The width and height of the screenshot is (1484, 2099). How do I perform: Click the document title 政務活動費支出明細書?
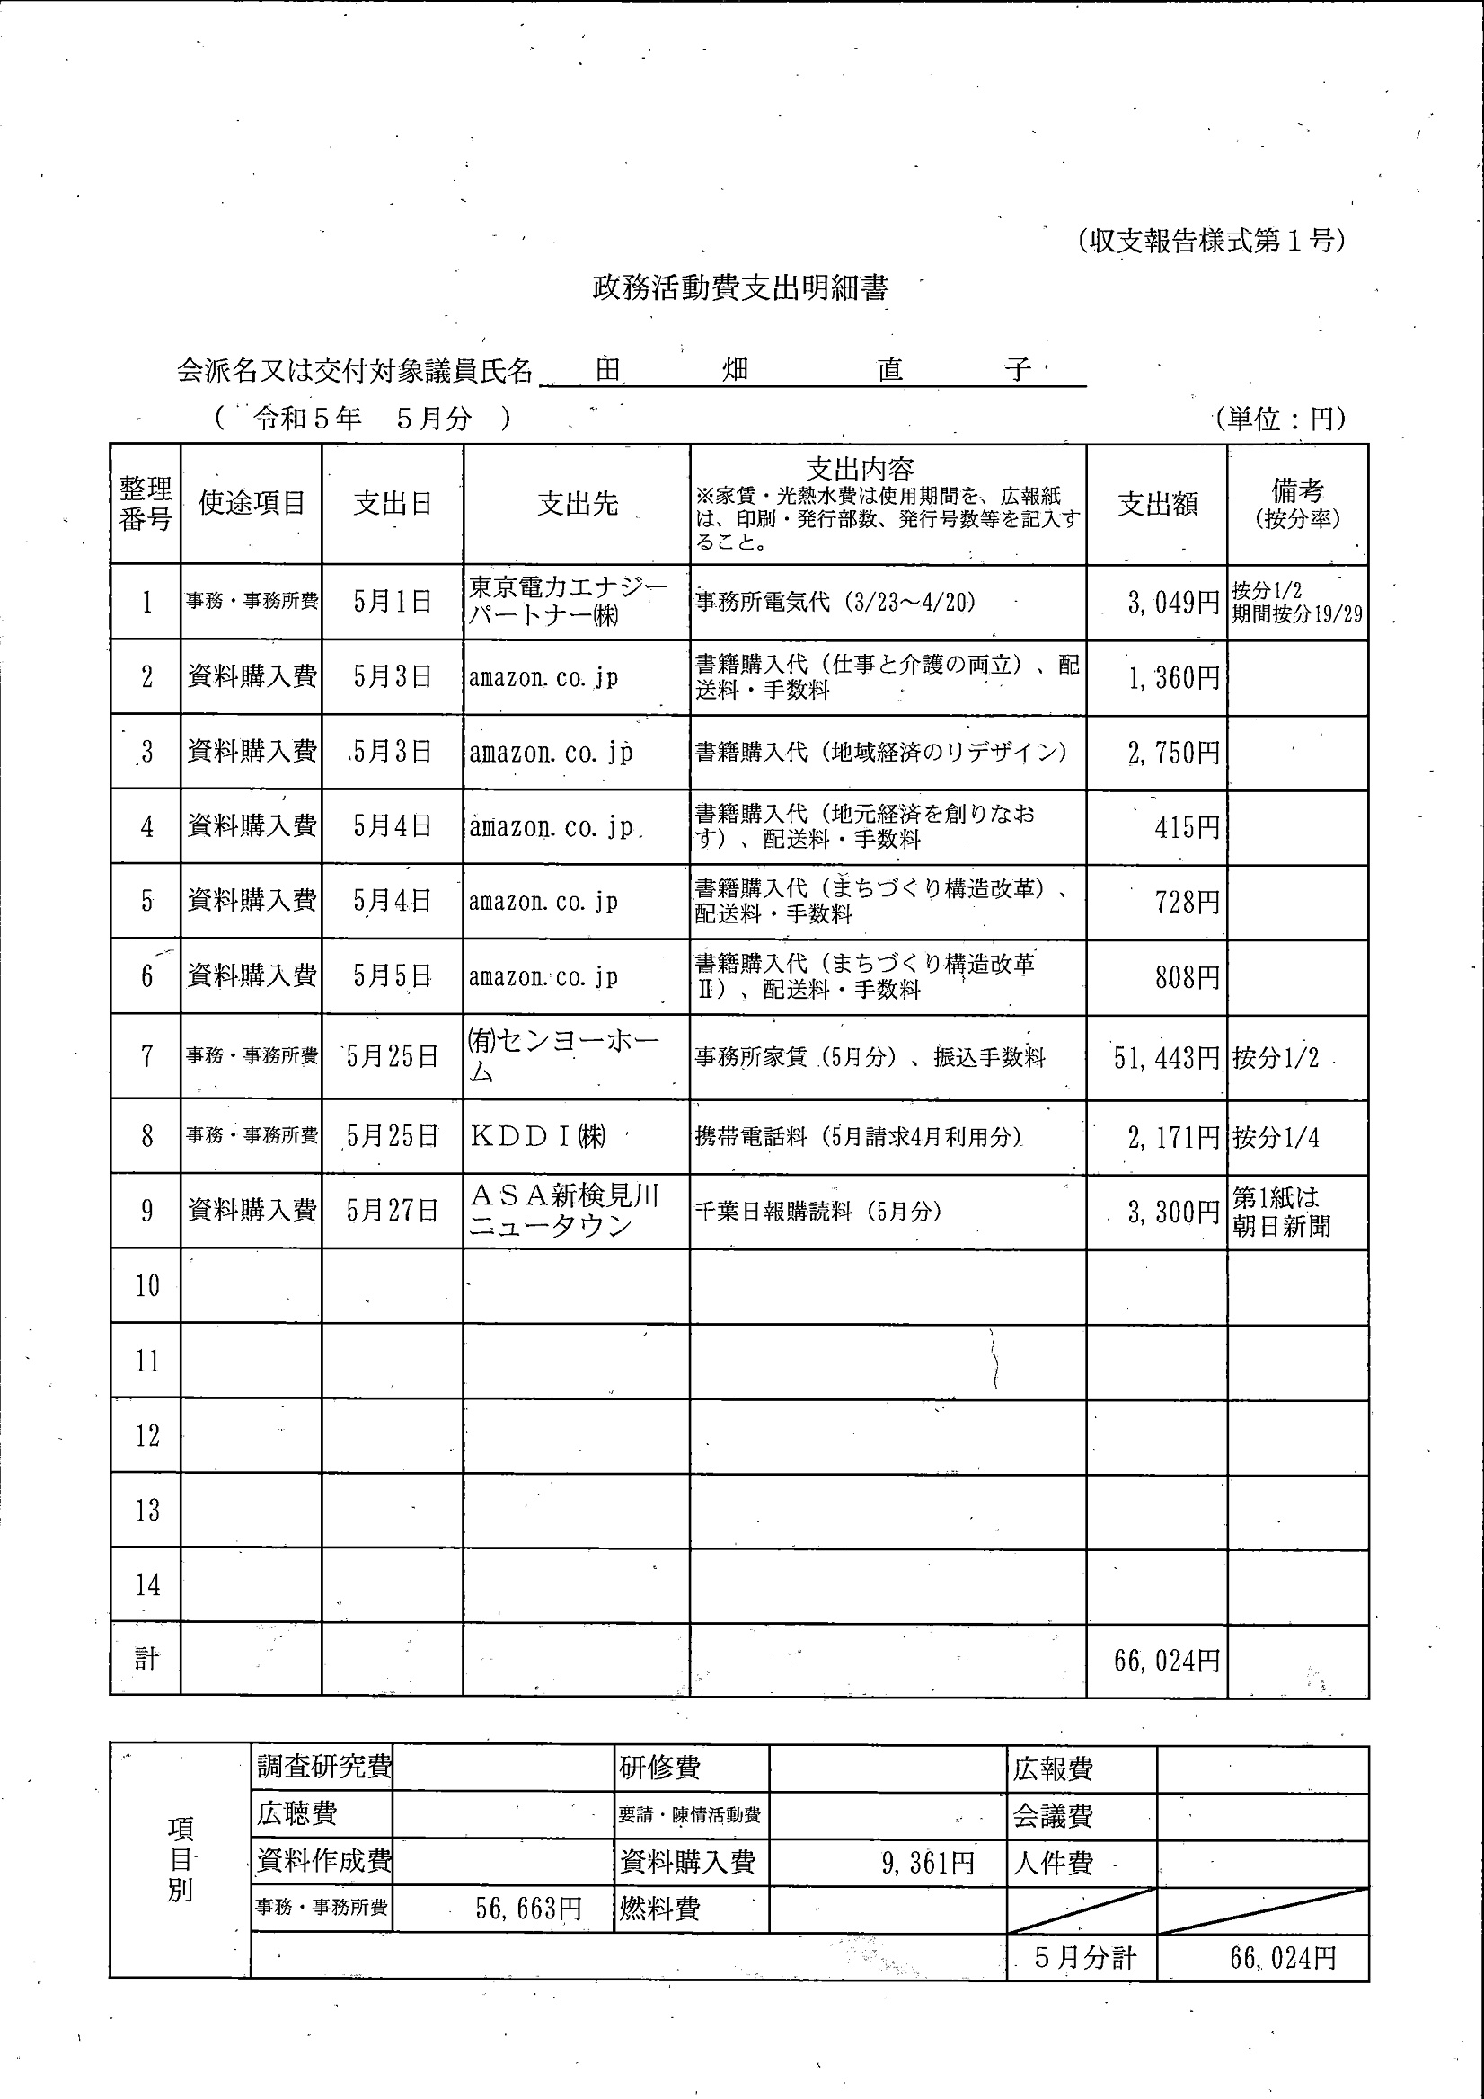tap(739, 289)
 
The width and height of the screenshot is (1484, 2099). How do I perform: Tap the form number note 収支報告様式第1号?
tap(1211, 241)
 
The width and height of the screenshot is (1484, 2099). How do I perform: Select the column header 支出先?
tap(577, 503)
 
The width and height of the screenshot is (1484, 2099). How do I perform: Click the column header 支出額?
tap(1157, 504)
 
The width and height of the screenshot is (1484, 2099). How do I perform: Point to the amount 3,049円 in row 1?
tap(1173, 603)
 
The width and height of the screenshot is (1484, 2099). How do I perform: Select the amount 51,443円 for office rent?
tap(1166, 1058)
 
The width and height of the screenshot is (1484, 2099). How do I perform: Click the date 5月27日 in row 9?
tap(392, 1212)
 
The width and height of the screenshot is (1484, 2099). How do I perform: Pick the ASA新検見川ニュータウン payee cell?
tap(564, 1211)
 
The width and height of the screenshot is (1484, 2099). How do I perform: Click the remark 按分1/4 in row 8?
tap(1276, 1137)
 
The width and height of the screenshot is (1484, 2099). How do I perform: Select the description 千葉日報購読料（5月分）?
tap(817, 1212)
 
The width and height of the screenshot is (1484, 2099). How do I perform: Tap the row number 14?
tap(147, 1584)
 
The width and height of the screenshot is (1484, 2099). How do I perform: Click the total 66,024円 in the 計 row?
tap(1166, 1660)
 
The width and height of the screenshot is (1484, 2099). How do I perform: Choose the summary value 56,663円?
tap(528, 1908)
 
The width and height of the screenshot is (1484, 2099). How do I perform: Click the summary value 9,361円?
tap(927, 1862)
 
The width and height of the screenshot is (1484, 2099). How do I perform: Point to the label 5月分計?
tap(1084, 1957)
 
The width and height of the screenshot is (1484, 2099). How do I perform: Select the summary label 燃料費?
tap(659, 1908)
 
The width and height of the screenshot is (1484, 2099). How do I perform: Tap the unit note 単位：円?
tap(1280, 419)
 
